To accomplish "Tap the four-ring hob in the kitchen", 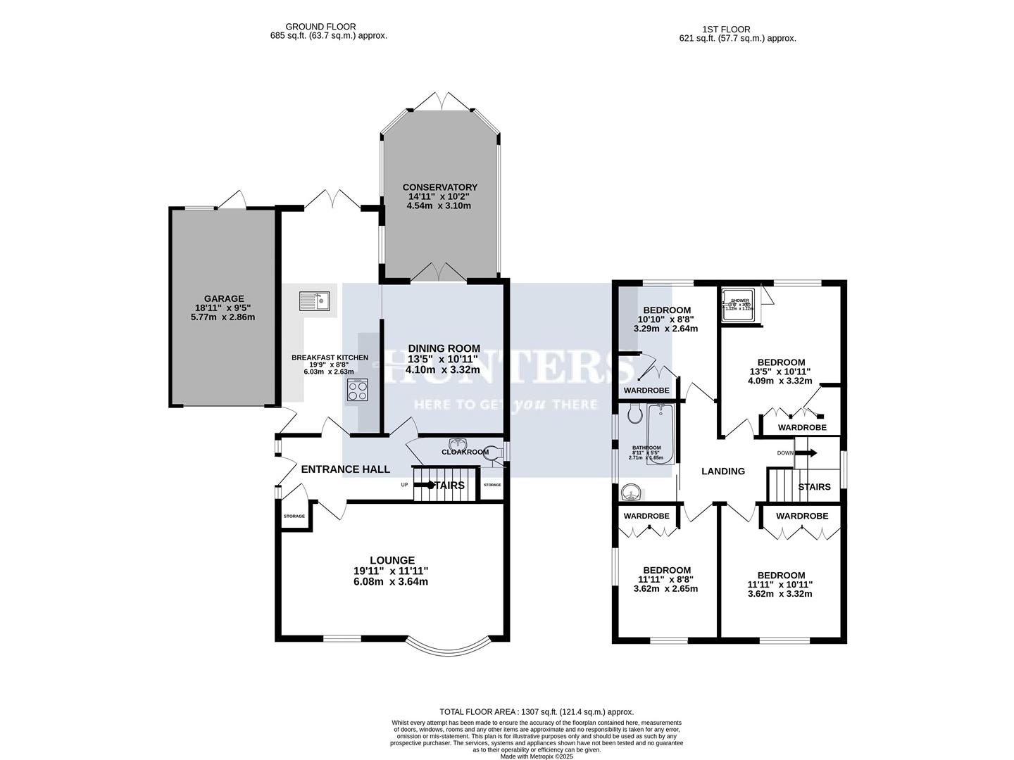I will (357, 390).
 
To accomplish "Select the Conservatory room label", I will (439, 187).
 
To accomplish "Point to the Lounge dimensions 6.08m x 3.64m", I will (390, 582).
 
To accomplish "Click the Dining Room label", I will (444, 348).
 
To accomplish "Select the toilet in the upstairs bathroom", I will (633, 413).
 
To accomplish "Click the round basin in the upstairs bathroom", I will (630, 492).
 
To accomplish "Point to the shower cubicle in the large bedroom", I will (739, 305).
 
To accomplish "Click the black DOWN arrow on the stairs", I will (806, 453).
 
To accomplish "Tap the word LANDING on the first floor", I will (723, 471).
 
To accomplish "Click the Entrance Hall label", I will (345, 469).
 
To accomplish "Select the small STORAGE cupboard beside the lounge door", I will (294, 517).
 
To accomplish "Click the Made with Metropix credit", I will (537, 756).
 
